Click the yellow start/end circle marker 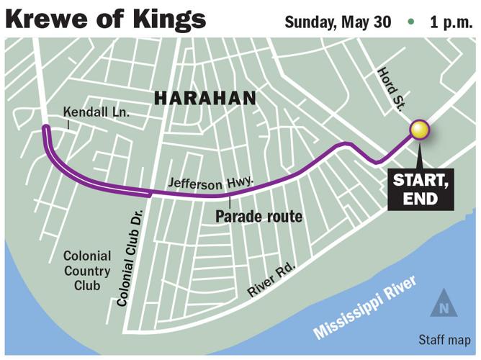tap(420, 130)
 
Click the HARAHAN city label tap(205, 97)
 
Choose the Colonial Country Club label tap(87, 271)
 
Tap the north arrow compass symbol tap(444, 305)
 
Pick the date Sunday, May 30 tap(338, 21)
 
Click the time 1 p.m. tap(451, 21)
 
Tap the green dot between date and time tap(410, 22)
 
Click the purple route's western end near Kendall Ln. tap(45, 128)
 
